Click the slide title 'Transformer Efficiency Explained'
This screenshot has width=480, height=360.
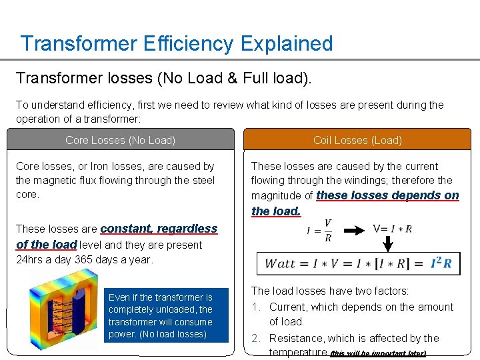[x=176, y=44]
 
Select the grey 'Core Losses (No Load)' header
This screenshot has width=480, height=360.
[x=121, y=140]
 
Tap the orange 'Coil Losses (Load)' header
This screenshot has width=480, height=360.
[x=357, y=140]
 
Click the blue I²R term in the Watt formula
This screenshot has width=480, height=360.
[x=441, y=263]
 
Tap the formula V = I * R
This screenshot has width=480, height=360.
[x=392, y=229]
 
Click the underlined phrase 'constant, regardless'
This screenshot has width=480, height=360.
[x=159, y=229]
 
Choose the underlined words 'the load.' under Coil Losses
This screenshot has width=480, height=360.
[x=276, y=211]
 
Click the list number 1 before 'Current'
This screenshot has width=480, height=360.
[x=255, y=307]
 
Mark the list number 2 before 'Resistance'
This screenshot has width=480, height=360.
[x=256, y=339]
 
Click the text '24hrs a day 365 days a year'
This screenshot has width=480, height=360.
[x=84, y=260]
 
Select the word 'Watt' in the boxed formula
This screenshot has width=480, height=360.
[x=281, y=263]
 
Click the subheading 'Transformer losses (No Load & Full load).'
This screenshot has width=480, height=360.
[x=163, y=78]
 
